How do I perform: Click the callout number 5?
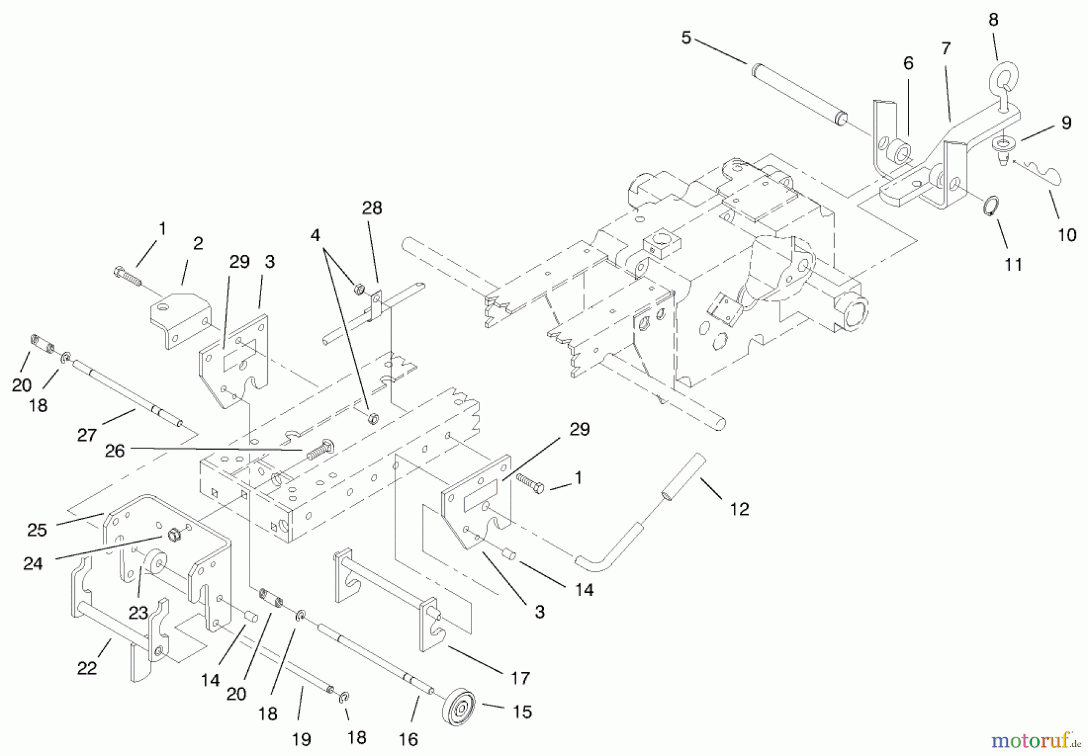[685, 38]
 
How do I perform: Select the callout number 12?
[739, 509]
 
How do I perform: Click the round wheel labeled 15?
[458, 705]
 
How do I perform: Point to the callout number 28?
[372, 208]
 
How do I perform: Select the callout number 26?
[114, 451]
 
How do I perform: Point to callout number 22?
[87, 668]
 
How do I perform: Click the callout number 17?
[520, 678]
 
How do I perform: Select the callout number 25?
[37, 530]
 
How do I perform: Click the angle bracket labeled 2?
[180, 318]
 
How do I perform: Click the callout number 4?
[315, 235]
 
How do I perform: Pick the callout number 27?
[87, 435]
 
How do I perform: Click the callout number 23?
[138, 613]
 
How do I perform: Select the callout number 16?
[409, 739]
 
